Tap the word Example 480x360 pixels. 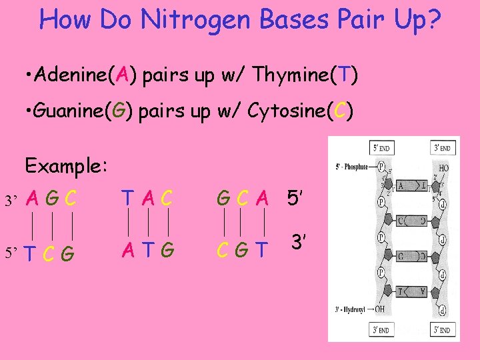coord(66,165)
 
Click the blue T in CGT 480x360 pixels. coord(263,250)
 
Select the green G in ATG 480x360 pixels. coord(167,250)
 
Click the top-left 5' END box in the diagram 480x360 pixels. coord(382,148)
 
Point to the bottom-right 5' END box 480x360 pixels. coord(443,329)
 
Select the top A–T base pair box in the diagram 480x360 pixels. coord(412,185)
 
